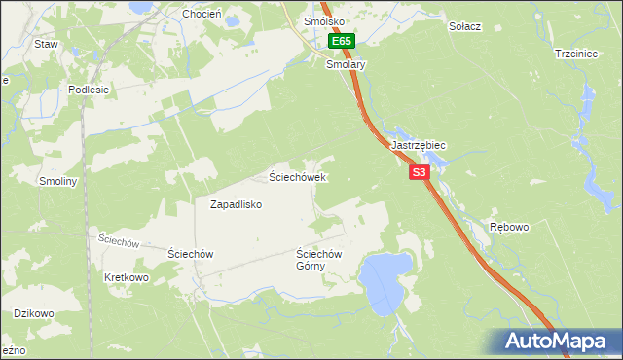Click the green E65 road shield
pyautogui.click(x=341, y=42)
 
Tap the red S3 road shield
pyautogui.click(x=419, y=172)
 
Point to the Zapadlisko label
pyautogui.click(x=237, y=204)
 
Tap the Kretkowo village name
pyautogui.click(x=126, y=277)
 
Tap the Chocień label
pyautogui.click(x=202, y=14)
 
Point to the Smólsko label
pyautogui.click(x=322, y=20)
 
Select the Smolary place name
pyautogui.click(x=346, y=64)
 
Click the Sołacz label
pyautogui.click(x=464, y=25)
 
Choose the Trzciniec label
pyautogui.click(x=574, y=54)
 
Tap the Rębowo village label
pyautogui.click(x=509, y=227)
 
